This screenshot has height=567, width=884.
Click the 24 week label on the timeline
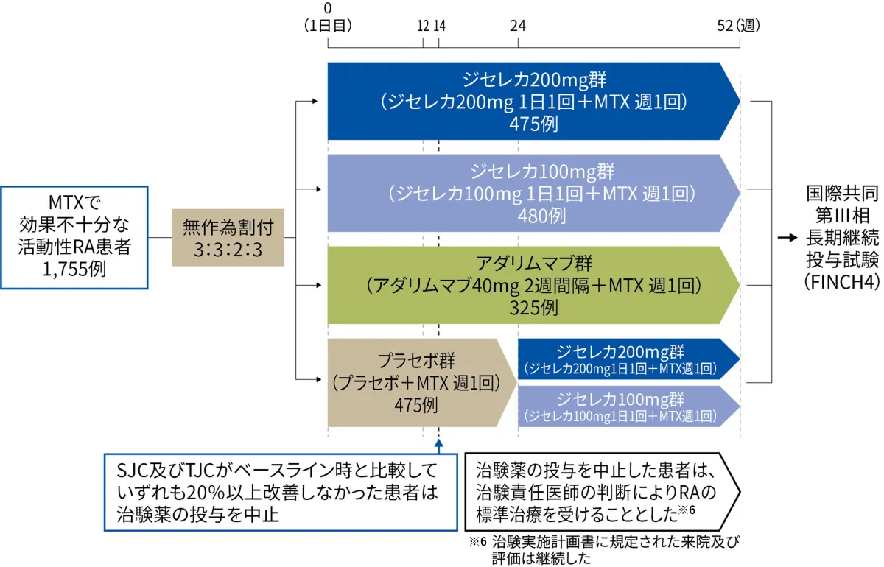coord(518,26)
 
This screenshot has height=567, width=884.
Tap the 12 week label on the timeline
coord(423,26)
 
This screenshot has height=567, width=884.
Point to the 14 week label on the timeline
coord(440,26)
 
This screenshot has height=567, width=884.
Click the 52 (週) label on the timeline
coord(738,26)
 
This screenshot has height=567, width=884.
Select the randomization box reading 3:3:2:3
coord(228,238)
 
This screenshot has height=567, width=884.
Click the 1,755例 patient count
coord(74,270)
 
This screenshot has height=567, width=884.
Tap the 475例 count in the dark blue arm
coord(533,124)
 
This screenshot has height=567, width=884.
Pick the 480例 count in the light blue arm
coord(541,216)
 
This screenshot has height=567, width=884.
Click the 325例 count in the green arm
coord(533,308)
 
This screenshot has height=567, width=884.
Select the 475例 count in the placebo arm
coord(416,405)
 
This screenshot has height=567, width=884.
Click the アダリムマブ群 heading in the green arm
coord(533,264)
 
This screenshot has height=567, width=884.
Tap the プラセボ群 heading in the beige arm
coord(416,360)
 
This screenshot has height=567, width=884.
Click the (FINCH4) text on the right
coord(842,282)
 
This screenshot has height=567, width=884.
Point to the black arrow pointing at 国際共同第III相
coord(787,238)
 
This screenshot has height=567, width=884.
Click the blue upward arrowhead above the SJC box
coord(438,443)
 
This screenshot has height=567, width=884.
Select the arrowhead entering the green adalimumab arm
coord(318,285)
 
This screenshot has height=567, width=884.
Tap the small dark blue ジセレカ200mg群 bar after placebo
coord(628,359)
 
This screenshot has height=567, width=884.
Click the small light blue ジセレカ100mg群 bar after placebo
coord(628,406)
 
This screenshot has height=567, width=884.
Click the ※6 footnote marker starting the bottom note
coord(478,541)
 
